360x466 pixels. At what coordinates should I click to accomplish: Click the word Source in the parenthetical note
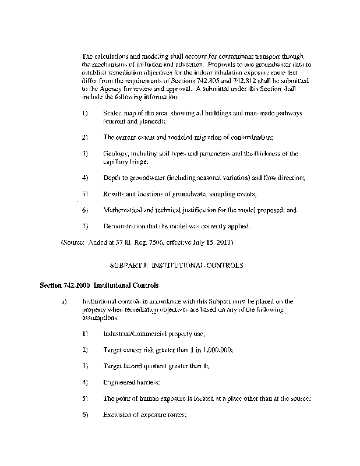(75, 241)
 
